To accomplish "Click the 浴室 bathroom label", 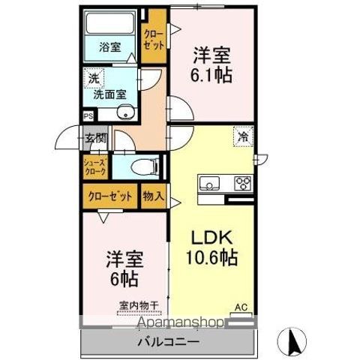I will [x=110, y=47].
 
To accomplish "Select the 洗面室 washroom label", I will [x=109, y=94].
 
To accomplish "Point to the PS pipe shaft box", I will [x=88, y=116].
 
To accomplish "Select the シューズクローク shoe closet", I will [x=96, y=166].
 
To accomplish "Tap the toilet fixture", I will [x=143, y=167].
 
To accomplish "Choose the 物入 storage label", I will [x=153, y=196].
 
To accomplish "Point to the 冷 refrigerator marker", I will [x=244, y=137].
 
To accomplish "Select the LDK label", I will [x=211, y=237].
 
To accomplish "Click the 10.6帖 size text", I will [x=211, y=259].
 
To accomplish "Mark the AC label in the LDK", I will [x=241, y=307].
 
